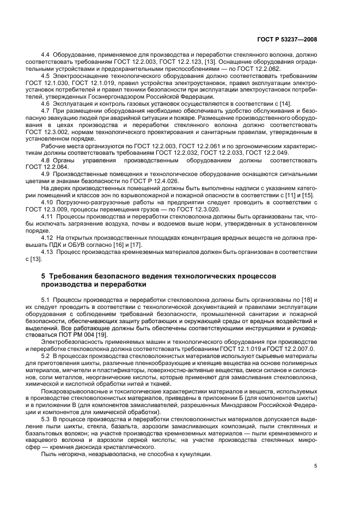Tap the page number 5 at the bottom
click(315, 465)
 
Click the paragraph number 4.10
click(47, 202)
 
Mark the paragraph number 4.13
click(47, 252)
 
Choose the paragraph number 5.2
click(46, 356)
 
